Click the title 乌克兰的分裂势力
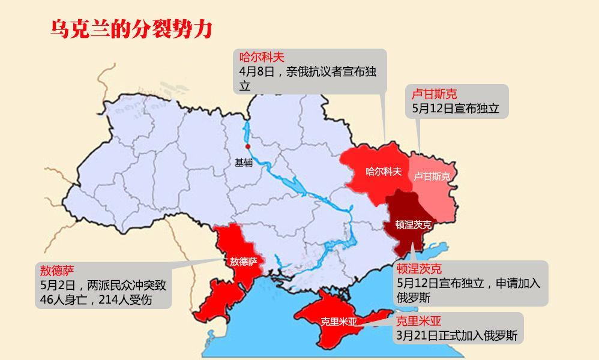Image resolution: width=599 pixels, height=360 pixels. pos(131,29)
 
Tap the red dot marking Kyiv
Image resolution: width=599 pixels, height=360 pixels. pos(247,146)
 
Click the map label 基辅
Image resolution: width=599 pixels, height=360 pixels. pos(244,162)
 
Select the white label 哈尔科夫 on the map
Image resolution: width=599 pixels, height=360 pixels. pos(383,172)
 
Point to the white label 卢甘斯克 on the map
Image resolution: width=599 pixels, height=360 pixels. pos(432,176)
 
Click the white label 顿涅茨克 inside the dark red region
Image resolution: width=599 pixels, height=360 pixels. pos(413,225)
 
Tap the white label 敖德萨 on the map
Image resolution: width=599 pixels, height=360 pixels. pos(243,262)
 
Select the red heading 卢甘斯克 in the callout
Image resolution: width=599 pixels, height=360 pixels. pos(434,94)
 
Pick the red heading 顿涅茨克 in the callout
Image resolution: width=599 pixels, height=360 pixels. pos(419,268)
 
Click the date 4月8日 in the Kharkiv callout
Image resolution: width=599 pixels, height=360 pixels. pos(256,71)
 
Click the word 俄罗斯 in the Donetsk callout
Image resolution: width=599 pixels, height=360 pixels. pos(414,298)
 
